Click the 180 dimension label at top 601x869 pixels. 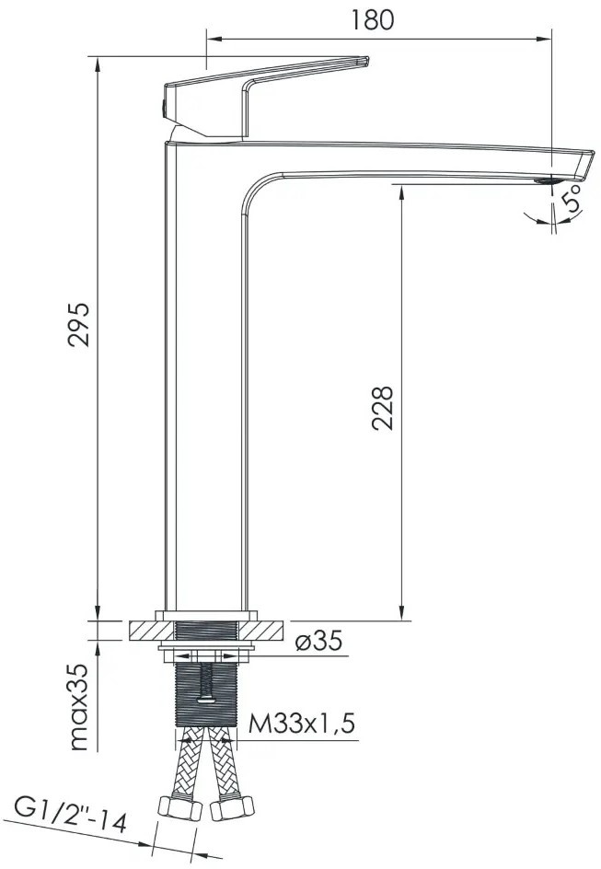pos(373,19)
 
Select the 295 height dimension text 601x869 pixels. pos(78,325)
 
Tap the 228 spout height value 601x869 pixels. pos(382,409)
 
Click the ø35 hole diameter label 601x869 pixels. pos(319,641)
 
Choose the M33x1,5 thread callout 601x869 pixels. pos(301,724)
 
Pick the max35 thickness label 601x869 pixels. pos(79,707)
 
